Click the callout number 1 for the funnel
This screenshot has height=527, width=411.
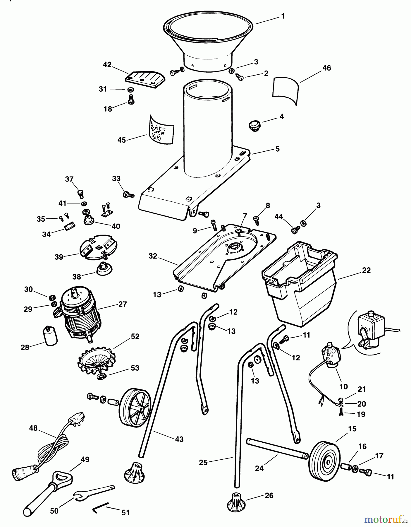click(283, 16)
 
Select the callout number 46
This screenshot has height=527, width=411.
click(326, 68)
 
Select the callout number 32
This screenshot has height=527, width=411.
click(153, 256)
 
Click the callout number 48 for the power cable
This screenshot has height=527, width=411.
click(34, 428)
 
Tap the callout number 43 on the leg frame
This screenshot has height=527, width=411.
click(179, 439)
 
